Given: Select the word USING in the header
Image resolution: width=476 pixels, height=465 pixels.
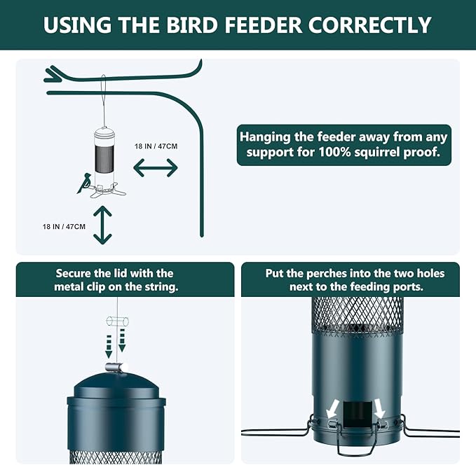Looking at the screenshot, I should click(76, 25).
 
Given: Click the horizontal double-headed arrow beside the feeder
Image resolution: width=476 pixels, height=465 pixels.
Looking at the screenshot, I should click(156, 168).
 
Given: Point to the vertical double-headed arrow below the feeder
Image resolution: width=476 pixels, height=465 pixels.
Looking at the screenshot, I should click(103, 225).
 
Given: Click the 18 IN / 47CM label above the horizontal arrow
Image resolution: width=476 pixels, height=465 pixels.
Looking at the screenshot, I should click(156, 146).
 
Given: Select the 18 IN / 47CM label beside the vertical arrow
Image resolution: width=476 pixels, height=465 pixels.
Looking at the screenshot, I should click(64, 226).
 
